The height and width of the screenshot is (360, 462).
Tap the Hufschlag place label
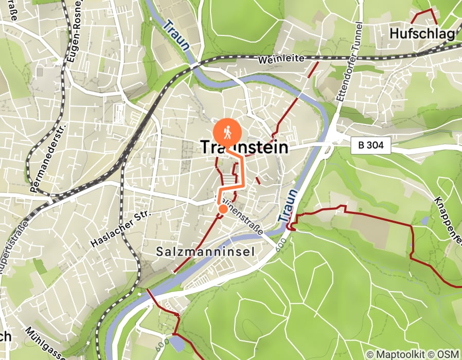pos(422,34)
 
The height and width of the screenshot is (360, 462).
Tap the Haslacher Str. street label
pos(118,227)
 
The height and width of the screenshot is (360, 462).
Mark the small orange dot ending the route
pos(223,209)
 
